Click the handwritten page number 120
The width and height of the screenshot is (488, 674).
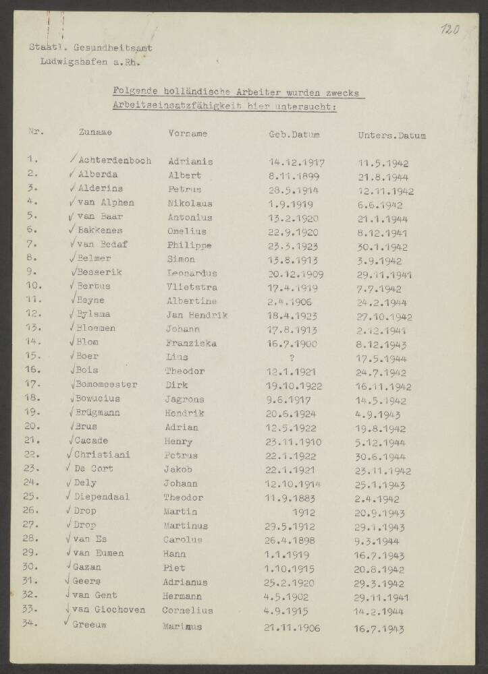[449, 30]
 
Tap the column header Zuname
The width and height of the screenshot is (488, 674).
[95, 133]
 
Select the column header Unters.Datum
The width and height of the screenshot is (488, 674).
[391, 135]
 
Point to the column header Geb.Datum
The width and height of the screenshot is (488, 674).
[294, 134]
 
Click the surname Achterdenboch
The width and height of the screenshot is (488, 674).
[114, 161]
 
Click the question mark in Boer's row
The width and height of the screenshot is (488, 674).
[292, 357]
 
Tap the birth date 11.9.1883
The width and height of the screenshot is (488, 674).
[293, 497]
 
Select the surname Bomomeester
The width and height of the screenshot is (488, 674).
[105, 385]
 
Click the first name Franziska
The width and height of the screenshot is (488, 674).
[191, 342]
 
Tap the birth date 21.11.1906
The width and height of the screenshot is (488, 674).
[294, 627]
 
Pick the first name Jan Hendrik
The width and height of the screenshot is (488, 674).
[196, 315]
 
